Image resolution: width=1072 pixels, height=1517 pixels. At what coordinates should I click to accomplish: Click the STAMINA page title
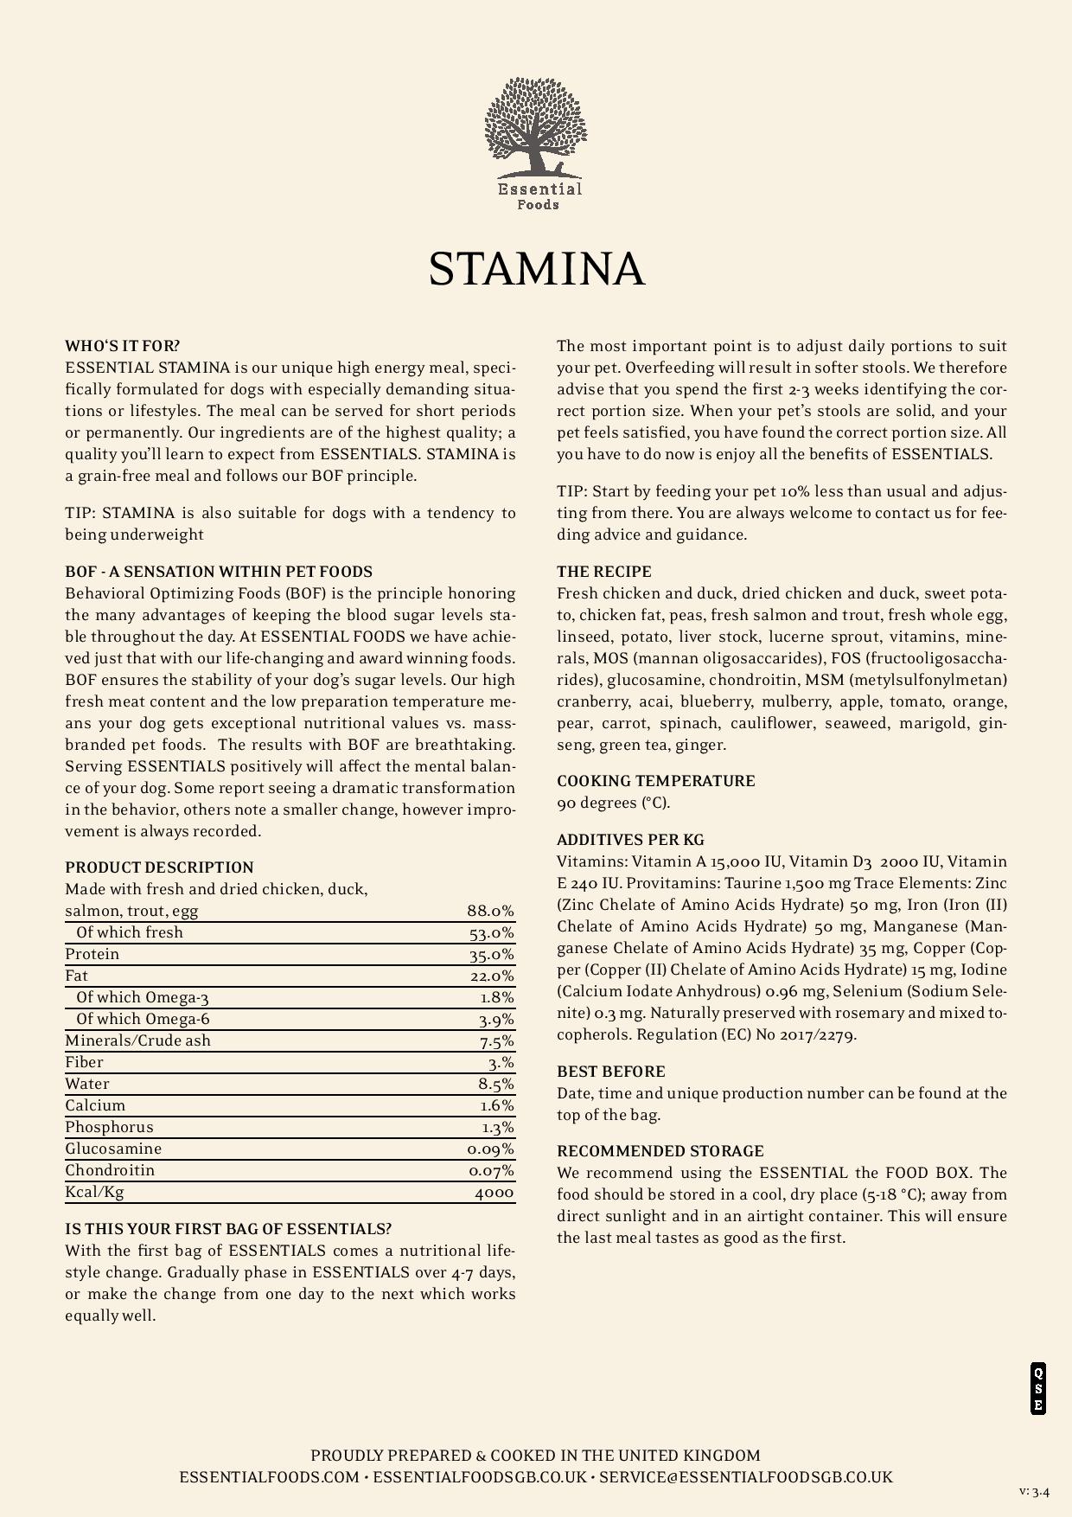pos(536,269)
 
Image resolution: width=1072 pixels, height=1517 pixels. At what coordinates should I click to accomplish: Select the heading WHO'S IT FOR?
pos(123,346)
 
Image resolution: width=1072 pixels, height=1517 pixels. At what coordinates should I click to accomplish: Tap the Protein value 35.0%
pos(491,955)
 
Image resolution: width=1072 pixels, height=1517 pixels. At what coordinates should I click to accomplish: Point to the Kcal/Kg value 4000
pos(494,1193)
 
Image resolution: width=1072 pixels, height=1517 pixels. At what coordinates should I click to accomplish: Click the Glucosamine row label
pos(113,1149)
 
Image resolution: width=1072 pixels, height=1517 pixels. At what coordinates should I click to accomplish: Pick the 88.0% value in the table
pos(490,911)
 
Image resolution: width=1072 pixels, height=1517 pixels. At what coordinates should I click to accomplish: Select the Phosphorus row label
pos(109,1127)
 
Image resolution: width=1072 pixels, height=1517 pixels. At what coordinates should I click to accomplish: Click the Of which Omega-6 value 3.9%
pos(496,1020)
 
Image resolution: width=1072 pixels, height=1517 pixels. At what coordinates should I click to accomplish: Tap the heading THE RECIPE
pos(604,572)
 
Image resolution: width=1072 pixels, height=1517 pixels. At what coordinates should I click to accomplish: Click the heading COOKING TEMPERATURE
pos(655,781)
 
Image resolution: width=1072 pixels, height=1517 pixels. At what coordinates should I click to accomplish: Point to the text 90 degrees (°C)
pos(613,803)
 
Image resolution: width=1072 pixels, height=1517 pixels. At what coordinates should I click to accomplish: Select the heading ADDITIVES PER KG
pos(630,840)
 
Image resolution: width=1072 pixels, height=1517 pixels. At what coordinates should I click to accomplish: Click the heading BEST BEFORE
pos(611,1072)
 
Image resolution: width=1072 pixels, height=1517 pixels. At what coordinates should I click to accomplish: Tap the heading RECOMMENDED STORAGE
pos(660,1151)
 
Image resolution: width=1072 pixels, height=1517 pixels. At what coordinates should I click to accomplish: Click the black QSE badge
pos(1038,1388)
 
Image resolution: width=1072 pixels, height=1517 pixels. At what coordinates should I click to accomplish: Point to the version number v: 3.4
pos(1034,1491)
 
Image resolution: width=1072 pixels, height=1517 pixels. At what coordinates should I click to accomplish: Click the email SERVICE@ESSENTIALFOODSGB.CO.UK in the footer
pos(745,1477)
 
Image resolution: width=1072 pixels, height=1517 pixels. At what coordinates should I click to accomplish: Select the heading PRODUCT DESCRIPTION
pos(159,867)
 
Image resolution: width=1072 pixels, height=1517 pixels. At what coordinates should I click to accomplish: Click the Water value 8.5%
pos(496,1085)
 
